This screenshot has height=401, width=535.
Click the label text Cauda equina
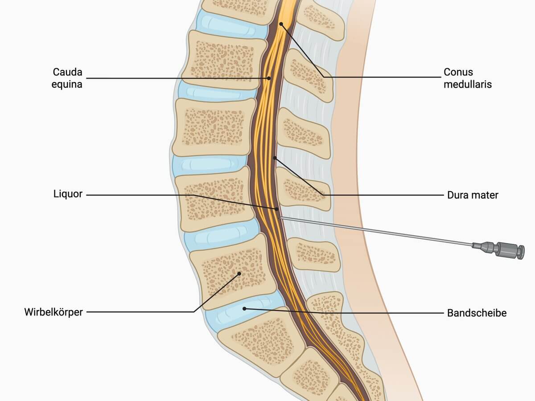coord(67,78)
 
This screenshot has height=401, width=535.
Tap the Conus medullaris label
coord(468,78)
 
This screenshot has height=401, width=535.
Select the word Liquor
coord(68,194)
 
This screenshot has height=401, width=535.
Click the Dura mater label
coord(473,195)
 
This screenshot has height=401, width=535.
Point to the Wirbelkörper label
coord(53,312)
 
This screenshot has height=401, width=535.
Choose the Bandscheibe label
coord(477,313)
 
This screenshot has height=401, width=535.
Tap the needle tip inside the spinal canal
coord(280,218)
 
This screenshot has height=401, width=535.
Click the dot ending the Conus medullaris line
coord(281,24)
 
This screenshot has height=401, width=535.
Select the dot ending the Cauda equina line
coord(269,78)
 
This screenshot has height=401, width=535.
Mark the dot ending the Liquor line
coord(277,209)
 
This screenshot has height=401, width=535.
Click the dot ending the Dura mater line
coord(275,158)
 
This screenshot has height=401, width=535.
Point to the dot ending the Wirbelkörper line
coord(239,274)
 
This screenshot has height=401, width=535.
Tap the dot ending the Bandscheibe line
coord(244,309)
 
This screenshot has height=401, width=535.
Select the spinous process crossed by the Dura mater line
coord(303,188)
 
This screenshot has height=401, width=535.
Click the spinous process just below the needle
coord(314,254)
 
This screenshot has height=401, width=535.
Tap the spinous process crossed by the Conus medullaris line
coord(309,75)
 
